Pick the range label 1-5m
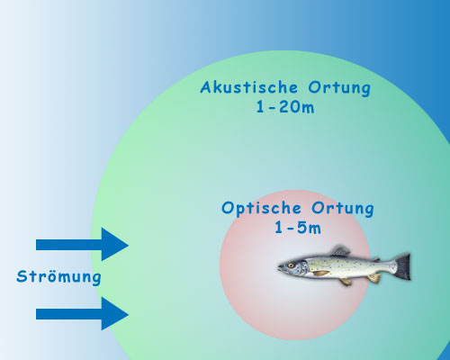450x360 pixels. coord(297,228)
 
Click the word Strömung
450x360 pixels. coord(58,277)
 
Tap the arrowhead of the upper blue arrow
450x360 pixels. coord(115,245)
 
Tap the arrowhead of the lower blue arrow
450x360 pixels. coord(115,313)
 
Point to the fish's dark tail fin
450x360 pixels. coord(402,265)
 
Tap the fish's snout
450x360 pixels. coord(279,268)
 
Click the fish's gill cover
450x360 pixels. coord(306,267)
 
